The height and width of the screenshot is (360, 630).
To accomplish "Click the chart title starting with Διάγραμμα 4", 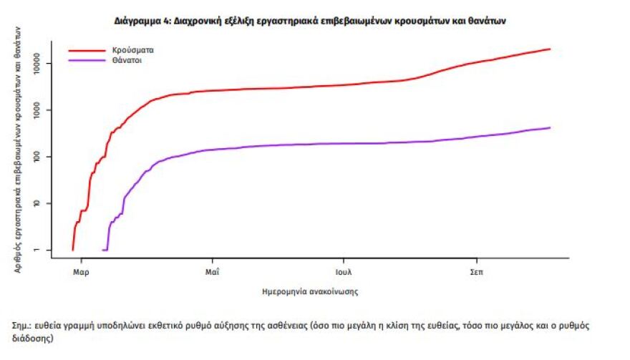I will pos(310,21).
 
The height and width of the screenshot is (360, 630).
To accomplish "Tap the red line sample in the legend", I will pos(85,51).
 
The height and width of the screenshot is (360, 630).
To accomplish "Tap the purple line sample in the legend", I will pos(85,62).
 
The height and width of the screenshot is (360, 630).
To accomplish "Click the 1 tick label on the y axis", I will pos(42,250).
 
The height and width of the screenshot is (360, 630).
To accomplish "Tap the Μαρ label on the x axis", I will pos(81,272).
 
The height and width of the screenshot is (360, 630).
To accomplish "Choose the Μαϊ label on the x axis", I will pos(212,272).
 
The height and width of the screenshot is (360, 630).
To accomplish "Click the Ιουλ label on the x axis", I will pos(344,272).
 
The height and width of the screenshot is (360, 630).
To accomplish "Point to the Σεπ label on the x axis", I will pos(475,272).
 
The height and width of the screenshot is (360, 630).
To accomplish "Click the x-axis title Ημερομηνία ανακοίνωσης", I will pos(310,293).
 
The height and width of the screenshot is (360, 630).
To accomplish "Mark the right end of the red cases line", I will pos(550,49).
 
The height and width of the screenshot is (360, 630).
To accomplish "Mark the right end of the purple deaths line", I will pos(550,128).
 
